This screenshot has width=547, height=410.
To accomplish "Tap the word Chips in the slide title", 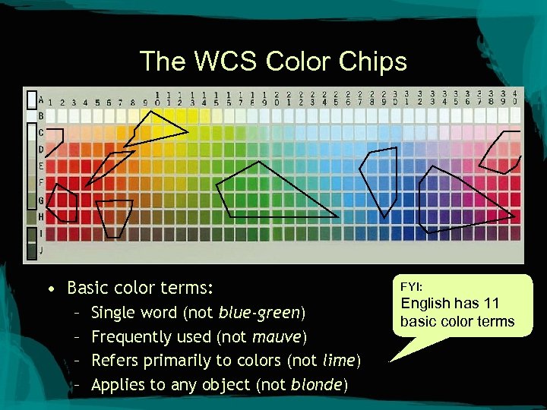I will pyautogui.click(x=378, y=61).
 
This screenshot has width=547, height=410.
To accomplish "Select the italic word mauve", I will pyautogui.click(x=278, y=336).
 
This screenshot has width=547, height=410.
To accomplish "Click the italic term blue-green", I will pyautogui.click(x=259, y=312).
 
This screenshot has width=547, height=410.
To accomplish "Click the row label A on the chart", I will pyautogui.click(x=40, y=99).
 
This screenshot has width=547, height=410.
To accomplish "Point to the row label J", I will pyautogui.click(x=41, y=249).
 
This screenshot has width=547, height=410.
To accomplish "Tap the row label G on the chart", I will pyautogui.click(x=41, y=200).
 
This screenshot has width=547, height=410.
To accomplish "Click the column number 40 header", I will pyautogui.click(x=515, y=97).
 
